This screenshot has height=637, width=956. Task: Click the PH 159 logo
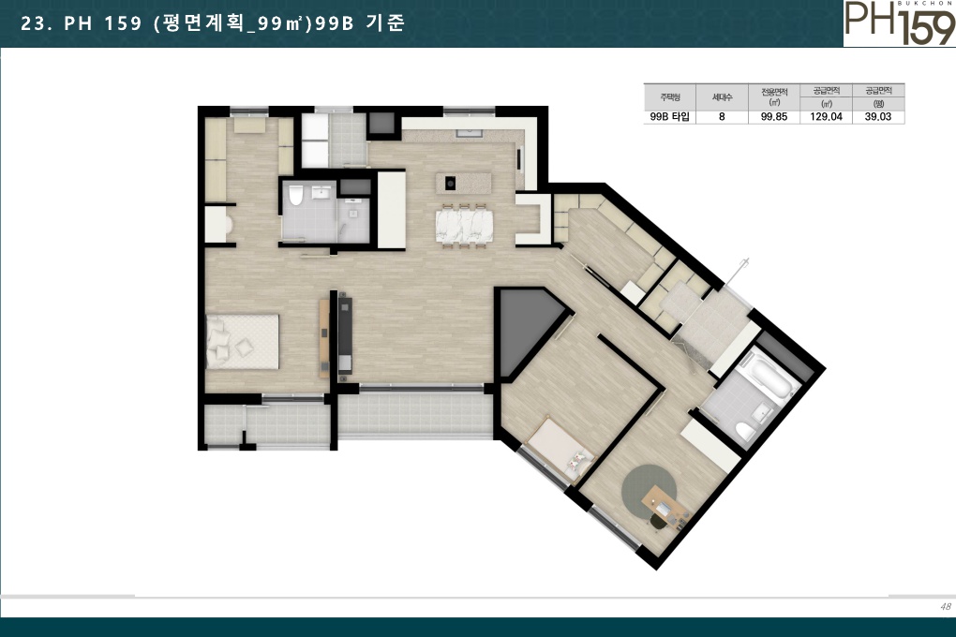900,23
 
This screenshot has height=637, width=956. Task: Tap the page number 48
945,606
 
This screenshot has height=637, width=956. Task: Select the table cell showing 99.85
773,117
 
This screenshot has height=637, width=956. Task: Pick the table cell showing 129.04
826,117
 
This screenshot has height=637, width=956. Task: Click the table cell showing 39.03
878,117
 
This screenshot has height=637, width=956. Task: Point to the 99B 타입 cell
669,117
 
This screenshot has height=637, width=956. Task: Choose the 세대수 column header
722,96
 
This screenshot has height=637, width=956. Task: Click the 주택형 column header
669,96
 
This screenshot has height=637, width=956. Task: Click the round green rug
649,491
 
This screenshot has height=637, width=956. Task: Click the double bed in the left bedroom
242,341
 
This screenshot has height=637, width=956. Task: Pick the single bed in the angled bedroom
560,449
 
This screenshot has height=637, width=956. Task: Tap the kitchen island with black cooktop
463,183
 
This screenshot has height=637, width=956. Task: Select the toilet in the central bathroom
295,195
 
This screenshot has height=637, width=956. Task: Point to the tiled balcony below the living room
415,414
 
